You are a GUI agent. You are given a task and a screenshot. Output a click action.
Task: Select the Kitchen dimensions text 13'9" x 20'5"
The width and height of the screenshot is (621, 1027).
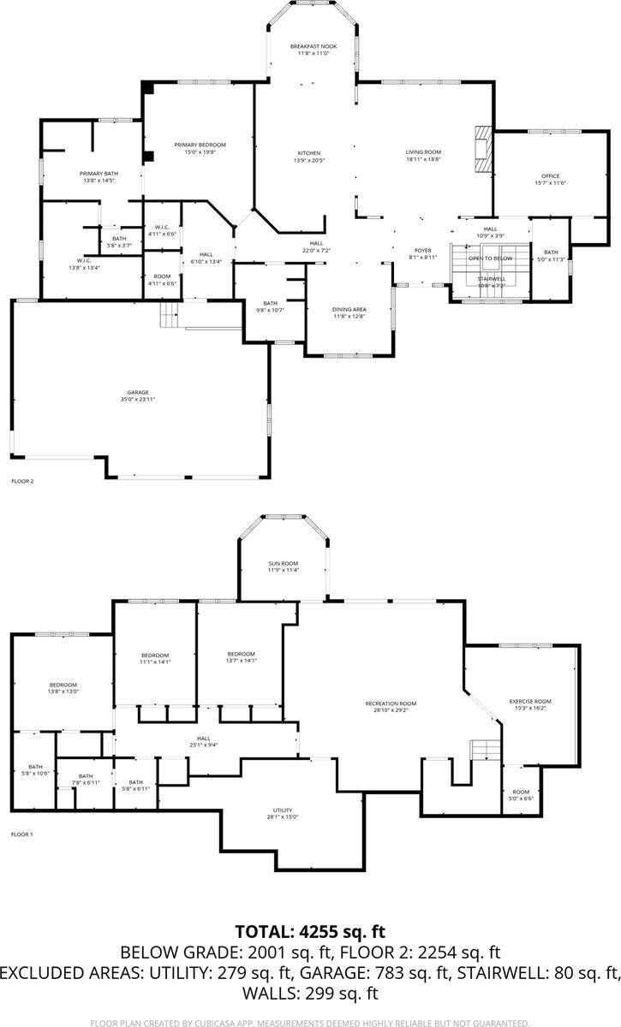[x=309, y=160]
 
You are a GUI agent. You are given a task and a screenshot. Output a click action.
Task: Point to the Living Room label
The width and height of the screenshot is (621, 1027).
[x=422, y=152]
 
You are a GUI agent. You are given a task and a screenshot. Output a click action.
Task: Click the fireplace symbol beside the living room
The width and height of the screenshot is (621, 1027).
[x=485, y=151]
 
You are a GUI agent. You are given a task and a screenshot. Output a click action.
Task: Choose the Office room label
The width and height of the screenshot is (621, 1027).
[x=550, y=176]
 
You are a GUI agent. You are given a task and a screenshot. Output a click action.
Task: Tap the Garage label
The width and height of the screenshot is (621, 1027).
[x=138, y=392]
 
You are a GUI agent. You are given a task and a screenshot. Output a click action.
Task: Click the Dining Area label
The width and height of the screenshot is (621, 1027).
[x=349, y=308]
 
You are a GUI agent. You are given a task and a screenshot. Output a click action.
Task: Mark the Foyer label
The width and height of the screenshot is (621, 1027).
[x=422, y=250]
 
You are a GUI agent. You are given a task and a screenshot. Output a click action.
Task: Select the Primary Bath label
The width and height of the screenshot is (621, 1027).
[x=98, y=174]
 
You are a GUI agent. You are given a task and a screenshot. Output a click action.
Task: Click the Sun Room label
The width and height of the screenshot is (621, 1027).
[x=283, y=563]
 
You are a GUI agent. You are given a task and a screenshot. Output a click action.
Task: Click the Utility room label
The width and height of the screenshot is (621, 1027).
[x=283, y=810]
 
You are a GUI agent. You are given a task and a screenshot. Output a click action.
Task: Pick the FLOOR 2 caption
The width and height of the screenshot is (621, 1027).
[x=22, y=482]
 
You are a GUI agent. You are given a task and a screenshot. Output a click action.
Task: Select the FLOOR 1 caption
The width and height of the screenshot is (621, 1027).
[x=22, y=834]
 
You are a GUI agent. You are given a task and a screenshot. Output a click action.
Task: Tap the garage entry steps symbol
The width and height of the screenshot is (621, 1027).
[x=169, y=315]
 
